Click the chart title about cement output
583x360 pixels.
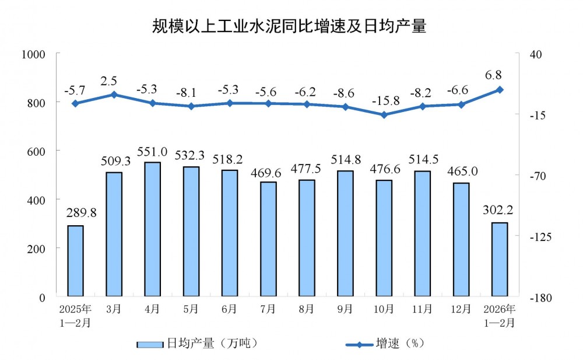click(290, 26)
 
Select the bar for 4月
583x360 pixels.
click(152, 229)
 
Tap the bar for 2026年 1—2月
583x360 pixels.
click(500, 260)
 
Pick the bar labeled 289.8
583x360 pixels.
click(75, 261)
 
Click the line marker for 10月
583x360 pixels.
click(384, 115)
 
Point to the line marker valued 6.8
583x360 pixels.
click(500, 89)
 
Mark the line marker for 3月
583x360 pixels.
click(114, 95)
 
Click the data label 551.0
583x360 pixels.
click(152, 152)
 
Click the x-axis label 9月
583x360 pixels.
click(345, 309)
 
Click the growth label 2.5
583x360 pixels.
click(114, 81)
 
